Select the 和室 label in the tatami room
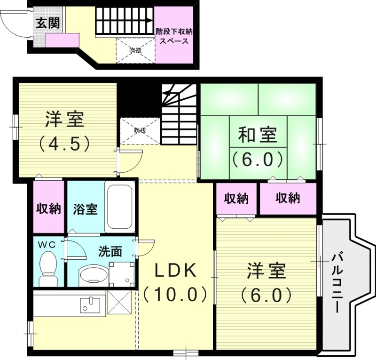point(257,135)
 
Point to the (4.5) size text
point(64,143)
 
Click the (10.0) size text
point(175,294)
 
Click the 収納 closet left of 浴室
point(49,208)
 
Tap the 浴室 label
point(86,209)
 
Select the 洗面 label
point(110,251)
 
